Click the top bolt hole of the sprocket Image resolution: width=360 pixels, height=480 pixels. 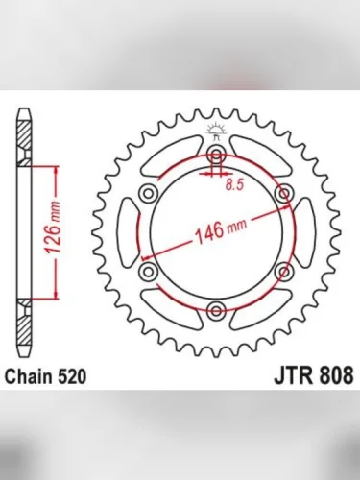coord(217,156)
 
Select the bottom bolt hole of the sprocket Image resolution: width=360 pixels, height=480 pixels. coord(217,310)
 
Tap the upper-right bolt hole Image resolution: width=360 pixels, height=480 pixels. coord(284,194)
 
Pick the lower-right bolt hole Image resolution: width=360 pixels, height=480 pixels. coord(284,273)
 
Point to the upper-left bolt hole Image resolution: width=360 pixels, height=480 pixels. coord(150,194)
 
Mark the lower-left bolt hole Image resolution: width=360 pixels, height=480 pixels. coord(150,273)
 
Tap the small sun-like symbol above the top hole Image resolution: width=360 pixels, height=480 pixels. coord(217,134)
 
